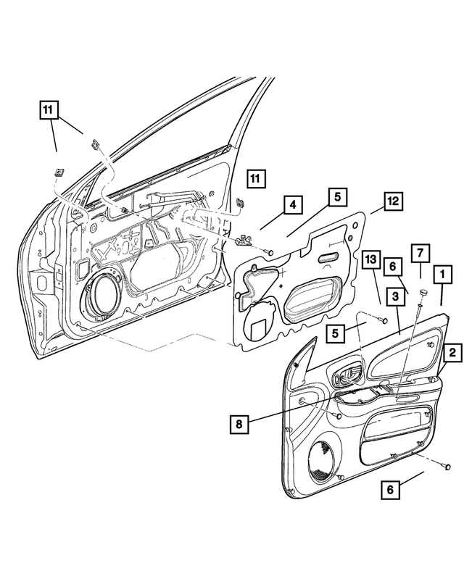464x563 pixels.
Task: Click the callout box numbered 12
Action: click(x=393, y=201)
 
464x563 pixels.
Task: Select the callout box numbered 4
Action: click(x=293, y=205)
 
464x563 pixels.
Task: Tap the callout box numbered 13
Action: click(x=371, y=260)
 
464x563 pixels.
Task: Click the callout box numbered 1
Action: click(x=443, y=275)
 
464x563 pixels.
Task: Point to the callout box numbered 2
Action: click(x=452, y=352)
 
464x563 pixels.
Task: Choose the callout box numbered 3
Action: click(x=396, y=296)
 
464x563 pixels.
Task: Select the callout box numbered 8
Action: click(x=239, y=424)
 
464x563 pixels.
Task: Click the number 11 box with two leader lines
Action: click(x=49, y=110)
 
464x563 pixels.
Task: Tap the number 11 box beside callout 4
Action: click(x=256, y=178)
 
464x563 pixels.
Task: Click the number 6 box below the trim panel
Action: click(x=390, y=489)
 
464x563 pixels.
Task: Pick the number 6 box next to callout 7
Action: click(x=392, y=267)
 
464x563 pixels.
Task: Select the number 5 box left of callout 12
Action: click(x=338, y=197)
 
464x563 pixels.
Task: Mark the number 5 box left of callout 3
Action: click(x=336, y=333)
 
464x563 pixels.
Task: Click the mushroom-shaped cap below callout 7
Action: click(x=424, y=293)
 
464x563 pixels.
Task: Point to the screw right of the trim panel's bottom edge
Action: click(x=447, y=467)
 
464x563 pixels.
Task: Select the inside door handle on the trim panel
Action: click(x=347, y=377)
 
